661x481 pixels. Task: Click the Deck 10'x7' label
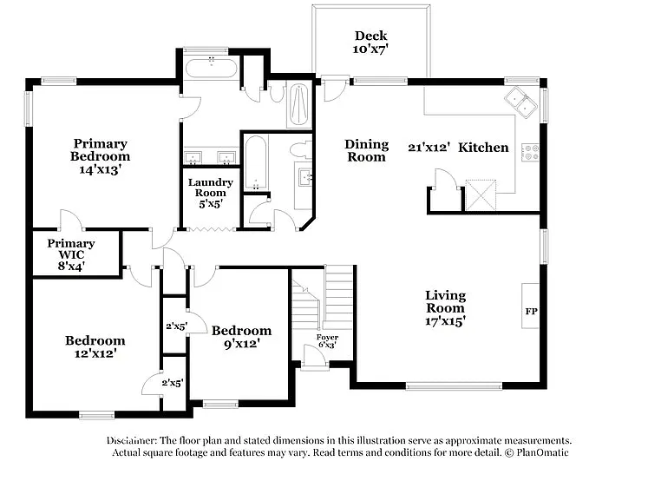[370, 43]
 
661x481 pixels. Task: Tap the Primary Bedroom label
[100, 156]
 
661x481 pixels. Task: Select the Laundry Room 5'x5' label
[210, 193]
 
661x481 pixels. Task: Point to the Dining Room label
[366, 151]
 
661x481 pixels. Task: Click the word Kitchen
[483, 148]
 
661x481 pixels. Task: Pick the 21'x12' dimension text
[429, 148]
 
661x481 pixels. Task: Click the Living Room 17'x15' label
[445, 308]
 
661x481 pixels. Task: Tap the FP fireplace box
[530, 309]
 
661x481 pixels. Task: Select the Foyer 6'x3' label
[327, 341]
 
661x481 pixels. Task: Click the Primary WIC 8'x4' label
[71, 255]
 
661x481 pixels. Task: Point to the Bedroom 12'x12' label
[95, 346]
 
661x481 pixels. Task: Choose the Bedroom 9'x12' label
[240, 337]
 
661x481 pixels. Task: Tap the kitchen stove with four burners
[529, 153]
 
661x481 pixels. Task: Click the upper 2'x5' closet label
[176, 326]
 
